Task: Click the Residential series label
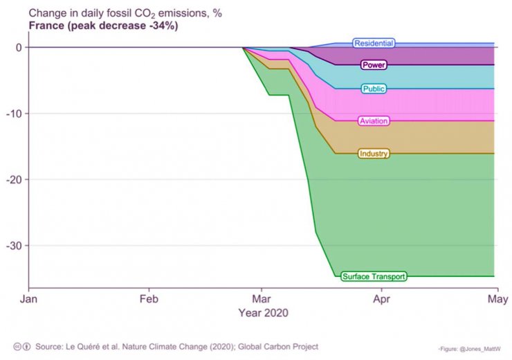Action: pyautogui.click(x=374, y=44)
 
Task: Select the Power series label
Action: pyautogui.click(x=374, y=65)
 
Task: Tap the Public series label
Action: pyautogui.click(x=374, y=89)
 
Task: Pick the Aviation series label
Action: pyautogui.click(x=374, y=121)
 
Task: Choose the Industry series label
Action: pyautogui.click(x=374, y=154)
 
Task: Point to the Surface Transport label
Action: pyautogui.click(x=374, y=276)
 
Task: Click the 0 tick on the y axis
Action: pyautogui.click(x=18, y=47)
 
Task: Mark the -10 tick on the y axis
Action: pyautogui.click(x=14, y=114)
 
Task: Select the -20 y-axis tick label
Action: pyautogui.click(x=14, y=179)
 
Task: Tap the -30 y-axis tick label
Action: pyautogui.click(x=14, y=246)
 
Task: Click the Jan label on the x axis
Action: pyautogui.click(x=28, y=300)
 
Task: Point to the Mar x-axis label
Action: pyautogui.click(x=262, y=300)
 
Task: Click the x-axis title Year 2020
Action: pyautogui.click(x=263, y=313)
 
